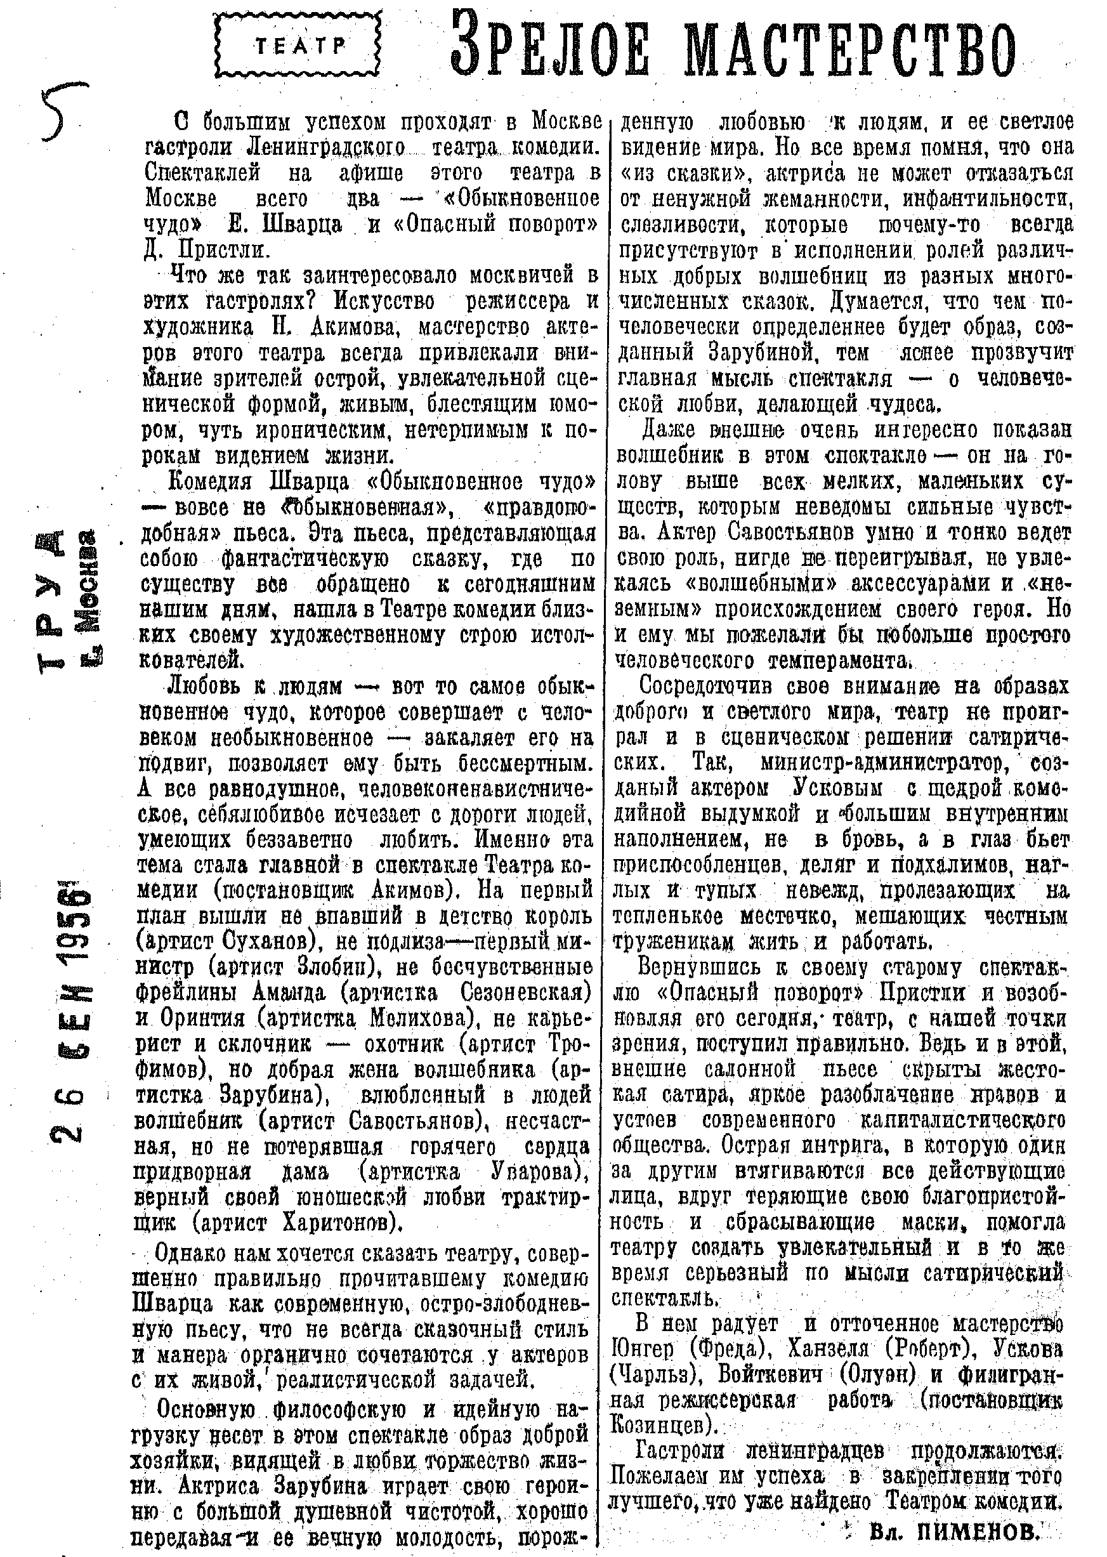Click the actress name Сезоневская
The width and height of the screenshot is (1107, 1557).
(524, 992)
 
